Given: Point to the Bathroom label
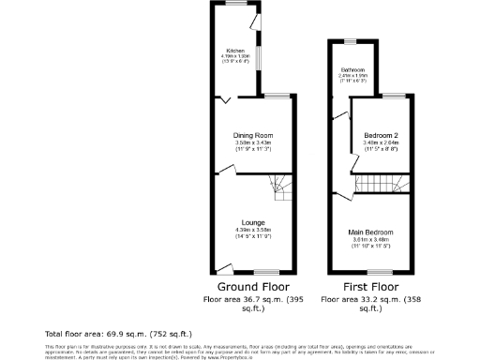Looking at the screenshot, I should (352, 70).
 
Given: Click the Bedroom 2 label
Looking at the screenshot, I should (380, 136).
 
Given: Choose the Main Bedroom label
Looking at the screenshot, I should (370, 232).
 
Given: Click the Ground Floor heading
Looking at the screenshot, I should (253, 287).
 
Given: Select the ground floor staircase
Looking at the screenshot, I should (280, 190).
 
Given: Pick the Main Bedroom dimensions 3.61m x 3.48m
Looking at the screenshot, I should (370, 238).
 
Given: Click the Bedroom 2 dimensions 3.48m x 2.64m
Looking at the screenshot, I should (380, 142).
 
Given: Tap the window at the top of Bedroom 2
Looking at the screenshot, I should (387, 96).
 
